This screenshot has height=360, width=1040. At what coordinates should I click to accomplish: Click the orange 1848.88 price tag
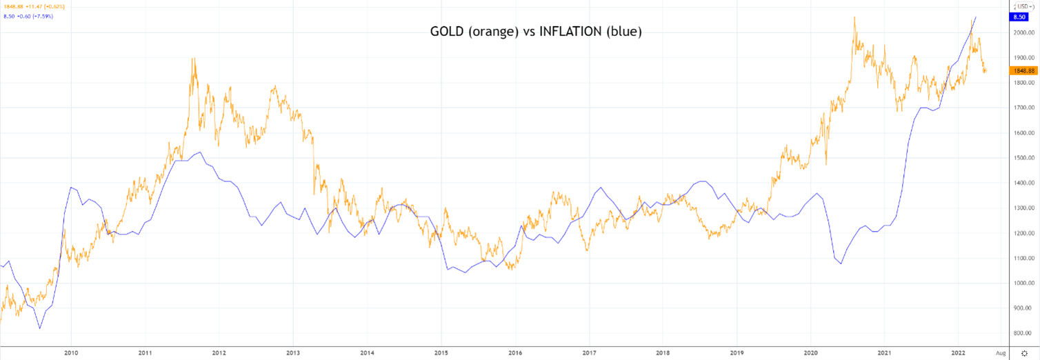(1022, 70)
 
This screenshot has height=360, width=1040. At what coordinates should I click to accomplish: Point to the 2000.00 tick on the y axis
(1021, 32)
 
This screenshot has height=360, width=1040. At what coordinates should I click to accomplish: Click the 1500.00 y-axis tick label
(1021, 158)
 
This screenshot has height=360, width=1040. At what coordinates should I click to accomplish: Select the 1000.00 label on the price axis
(1021, 283)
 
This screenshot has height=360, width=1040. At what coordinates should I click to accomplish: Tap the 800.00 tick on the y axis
(1021, 334)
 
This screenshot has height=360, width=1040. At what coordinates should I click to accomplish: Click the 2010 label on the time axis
(70, 352)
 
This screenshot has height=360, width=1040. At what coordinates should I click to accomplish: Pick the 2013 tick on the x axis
(293, 352)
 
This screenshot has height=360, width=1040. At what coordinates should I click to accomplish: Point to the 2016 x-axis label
(515, 352)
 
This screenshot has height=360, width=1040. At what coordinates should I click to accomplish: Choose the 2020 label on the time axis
(811, 352)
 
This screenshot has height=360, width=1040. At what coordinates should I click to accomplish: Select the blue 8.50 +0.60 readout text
(28, 16)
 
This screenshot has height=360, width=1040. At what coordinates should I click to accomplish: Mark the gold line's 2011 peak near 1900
(193, 59)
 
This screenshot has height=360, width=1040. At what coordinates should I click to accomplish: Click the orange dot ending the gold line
(984, 70)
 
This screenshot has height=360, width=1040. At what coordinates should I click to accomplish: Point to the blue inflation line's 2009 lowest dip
(39, 328)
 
